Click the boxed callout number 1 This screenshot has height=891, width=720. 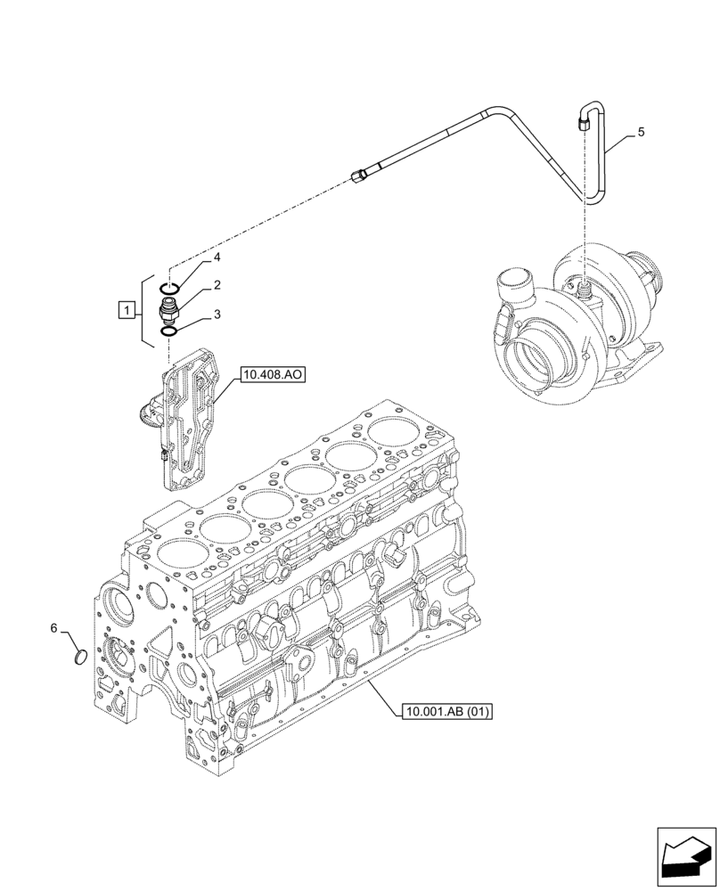pos(128,311)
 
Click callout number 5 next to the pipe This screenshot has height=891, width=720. pos(641,132)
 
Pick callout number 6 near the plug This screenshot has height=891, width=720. pos(53,629)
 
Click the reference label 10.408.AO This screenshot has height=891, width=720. pos(272,376)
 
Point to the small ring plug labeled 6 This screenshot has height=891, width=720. pos(78,658)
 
